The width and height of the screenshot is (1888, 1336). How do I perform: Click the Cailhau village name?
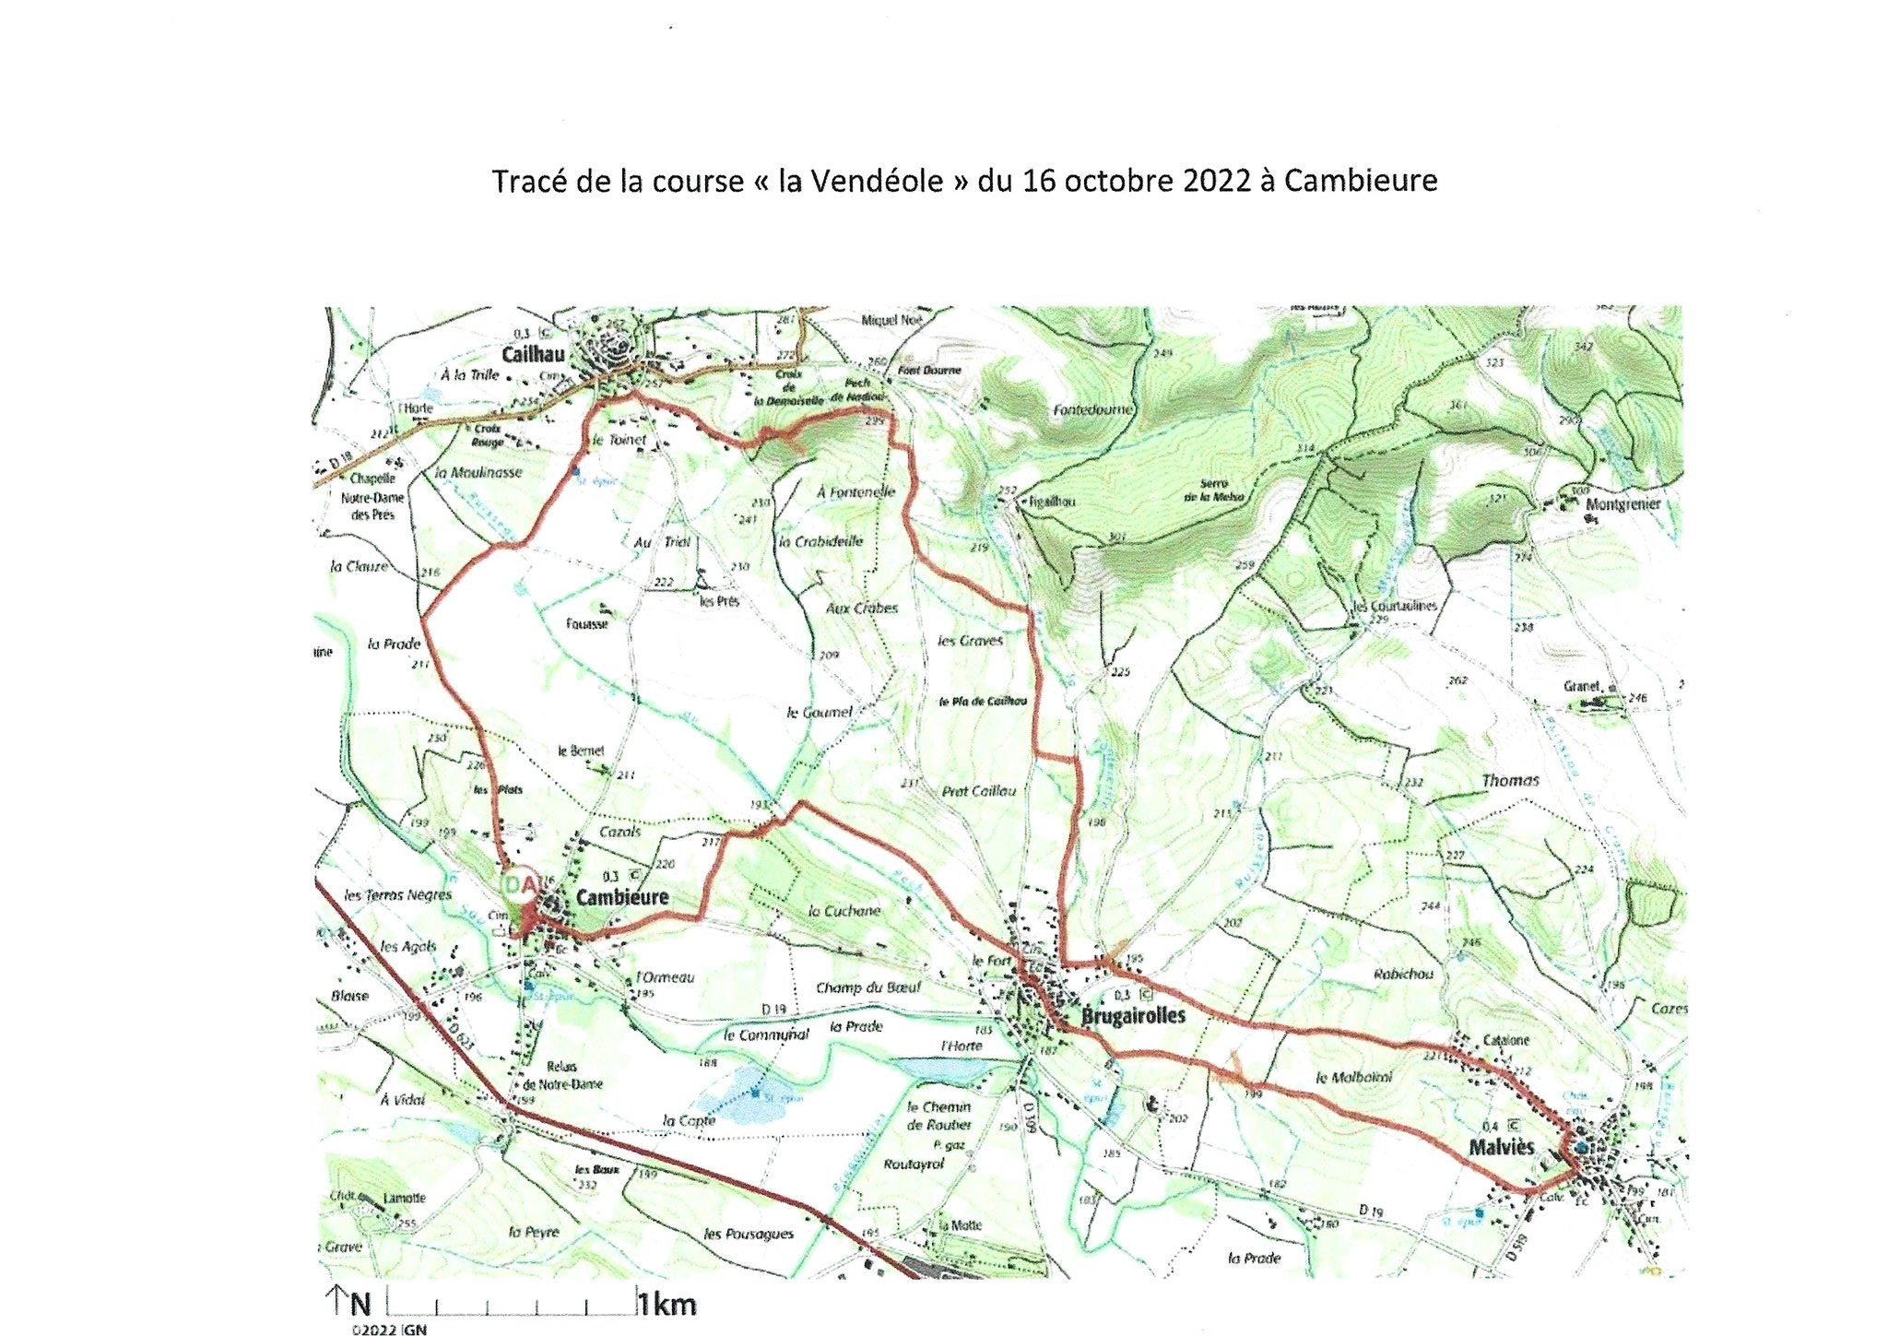click(532, 355)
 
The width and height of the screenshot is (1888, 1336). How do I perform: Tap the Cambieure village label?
click(622, 897)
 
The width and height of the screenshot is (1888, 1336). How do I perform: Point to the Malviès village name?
click(1502, 1147)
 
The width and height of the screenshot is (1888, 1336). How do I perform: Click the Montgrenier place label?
click(1622, 503)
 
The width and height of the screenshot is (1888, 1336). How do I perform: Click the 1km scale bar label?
click(667, 1305)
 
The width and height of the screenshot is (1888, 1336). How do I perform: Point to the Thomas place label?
click(1510, 781)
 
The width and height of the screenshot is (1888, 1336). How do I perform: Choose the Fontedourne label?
click(1093, 409)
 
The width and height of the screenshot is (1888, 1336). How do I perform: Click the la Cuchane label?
click(844, 911)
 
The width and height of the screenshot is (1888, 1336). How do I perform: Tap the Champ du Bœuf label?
click(867, 987)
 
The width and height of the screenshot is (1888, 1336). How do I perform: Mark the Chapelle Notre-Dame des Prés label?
click(372, 497)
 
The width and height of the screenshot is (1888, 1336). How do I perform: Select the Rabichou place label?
click(1403, 975)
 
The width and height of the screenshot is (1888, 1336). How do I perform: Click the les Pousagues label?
click(748, 1234)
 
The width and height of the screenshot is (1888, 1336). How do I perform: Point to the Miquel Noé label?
click(891, 320)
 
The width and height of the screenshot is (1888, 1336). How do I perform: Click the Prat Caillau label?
click(979, 791)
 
